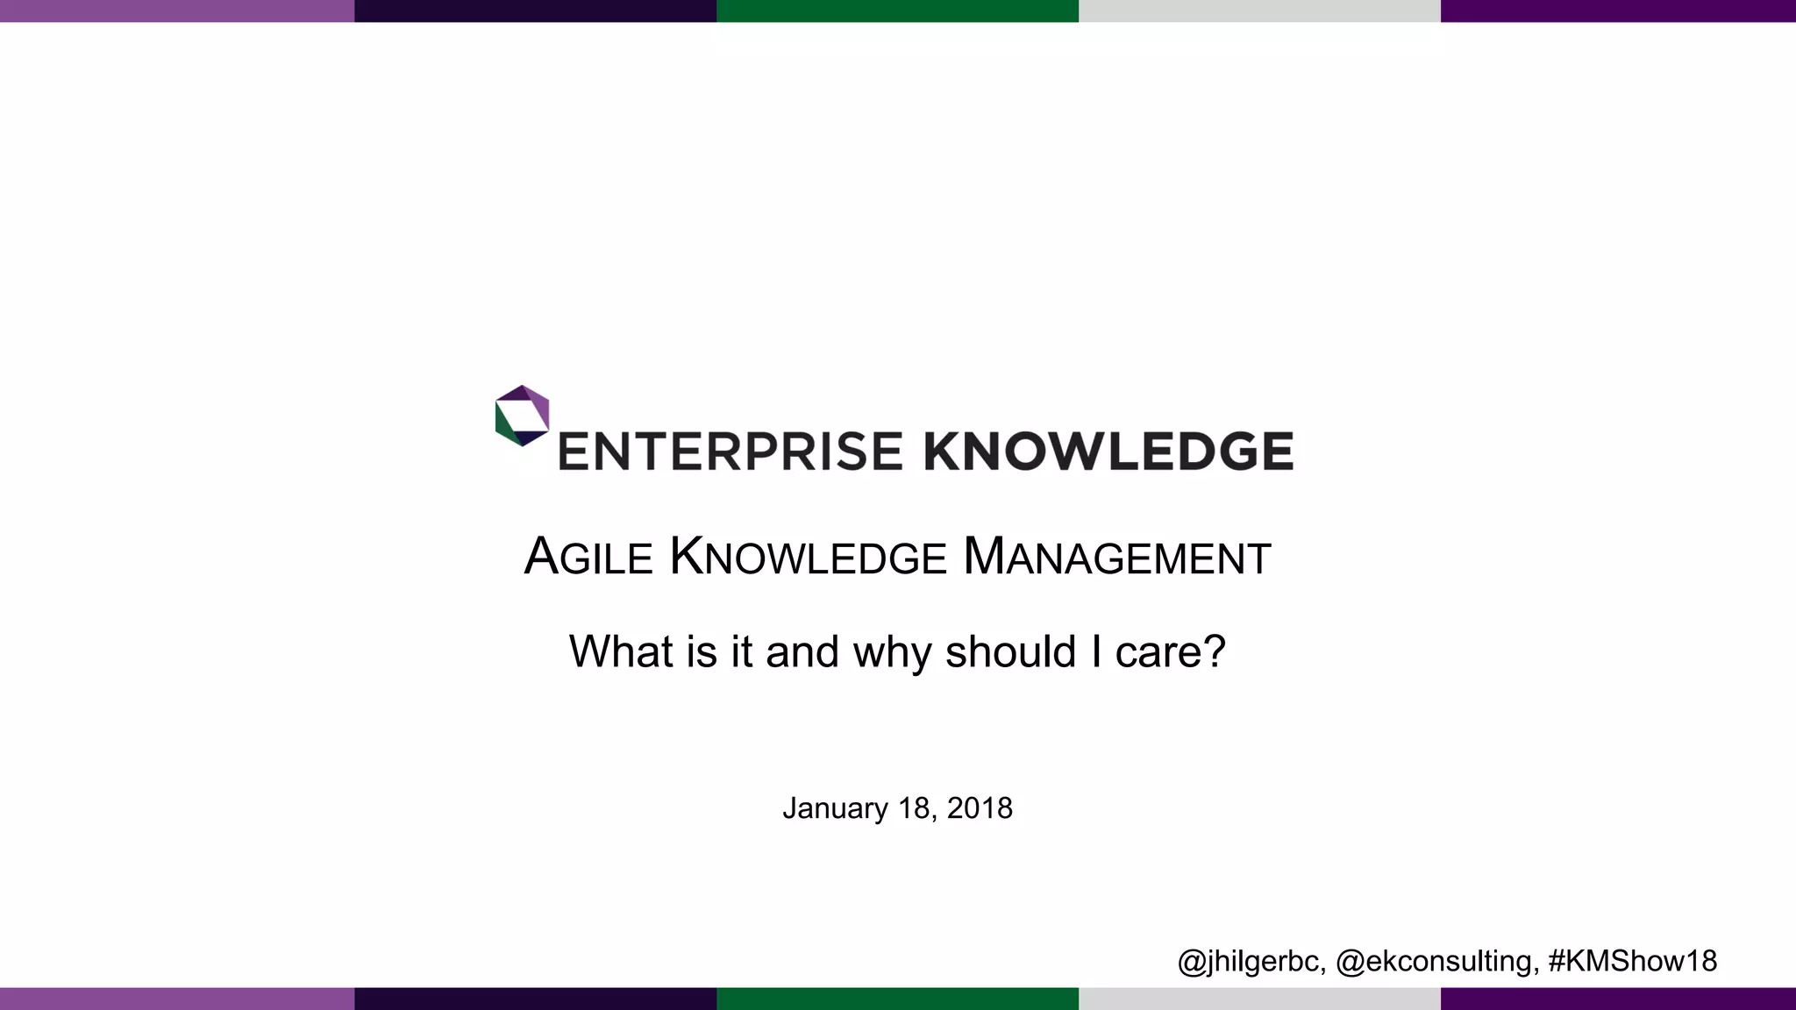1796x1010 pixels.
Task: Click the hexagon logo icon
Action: click(522, 416)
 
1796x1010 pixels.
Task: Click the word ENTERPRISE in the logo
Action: click(730, 452)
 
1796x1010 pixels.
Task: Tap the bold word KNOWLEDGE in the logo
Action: click(1108, 452)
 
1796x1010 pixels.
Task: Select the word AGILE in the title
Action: click(588, 557)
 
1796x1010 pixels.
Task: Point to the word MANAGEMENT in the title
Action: click(1116, 557)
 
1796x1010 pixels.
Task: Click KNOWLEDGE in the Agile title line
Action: click(808, 557)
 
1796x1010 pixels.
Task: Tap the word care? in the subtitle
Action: click(1170, 651)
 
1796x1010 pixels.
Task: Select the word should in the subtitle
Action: click(1010, 651)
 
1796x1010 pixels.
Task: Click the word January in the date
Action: click(835, 808)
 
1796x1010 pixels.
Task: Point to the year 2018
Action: click(980, 808)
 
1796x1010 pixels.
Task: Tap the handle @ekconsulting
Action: click(1436, 961)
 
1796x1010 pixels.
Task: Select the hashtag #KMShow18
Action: click(1632, 961)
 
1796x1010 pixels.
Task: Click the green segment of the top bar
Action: click(897, 11)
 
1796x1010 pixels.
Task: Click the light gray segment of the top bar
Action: click(1259, 11)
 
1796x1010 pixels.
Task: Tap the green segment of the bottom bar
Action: click(897, 999)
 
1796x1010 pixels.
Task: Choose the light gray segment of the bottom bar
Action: click(1259, 999)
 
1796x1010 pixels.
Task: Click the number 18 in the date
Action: click(914, 808)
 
